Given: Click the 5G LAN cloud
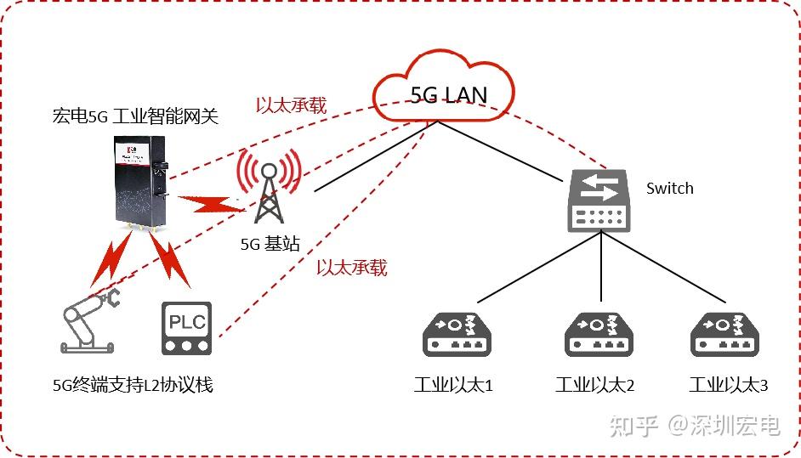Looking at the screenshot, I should pos(443,88).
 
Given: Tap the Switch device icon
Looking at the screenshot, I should pos(601,201).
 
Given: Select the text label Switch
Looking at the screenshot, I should pos(669,189).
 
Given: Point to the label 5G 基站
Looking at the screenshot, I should pos(270,245).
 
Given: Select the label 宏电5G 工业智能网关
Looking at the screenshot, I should pos(135,116).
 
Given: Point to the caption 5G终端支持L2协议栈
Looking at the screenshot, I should pos(133,385).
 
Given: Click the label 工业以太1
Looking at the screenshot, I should pos(453,385).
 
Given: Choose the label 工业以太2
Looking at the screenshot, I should pos(594,385).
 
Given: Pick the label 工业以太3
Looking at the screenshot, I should pos(728,385).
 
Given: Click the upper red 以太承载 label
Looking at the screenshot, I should pos(292,106).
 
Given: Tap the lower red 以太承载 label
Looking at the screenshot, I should pos(351,268).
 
